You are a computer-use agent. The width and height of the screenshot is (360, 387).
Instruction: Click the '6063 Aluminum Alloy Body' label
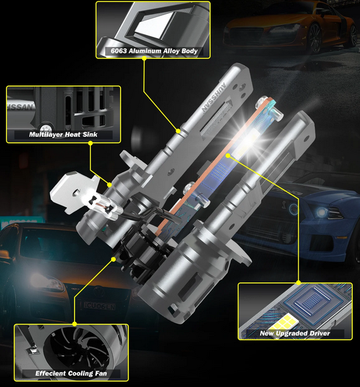[154, 51]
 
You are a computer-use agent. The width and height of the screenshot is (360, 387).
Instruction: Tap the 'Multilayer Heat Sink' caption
[63, 134]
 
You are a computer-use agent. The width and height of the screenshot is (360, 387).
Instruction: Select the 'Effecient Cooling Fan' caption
[71, 373]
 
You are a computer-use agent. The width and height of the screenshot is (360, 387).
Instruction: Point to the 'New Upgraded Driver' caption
[295, 334]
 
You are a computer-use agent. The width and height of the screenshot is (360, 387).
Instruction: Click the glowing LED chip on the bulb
[248, 140]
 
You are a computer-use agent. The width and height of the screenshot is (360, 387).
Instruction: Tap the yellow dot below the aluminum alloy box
[144, 59]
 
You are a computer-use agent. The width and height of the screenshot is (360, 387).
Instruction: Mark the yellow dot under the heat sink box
[90, 143]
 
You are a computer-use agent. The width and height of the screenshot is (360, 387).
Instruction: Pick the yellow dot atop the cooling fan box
[75, 324]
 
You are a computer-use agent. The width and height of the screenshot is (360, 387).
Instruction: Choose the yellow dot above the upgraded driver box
[299, 282]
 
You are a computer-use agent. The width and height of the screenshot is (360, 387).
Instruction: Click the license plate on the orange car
[99, 307]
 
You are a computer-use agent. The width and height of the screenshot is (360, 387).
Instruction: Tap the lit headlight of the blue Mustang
[321, 212]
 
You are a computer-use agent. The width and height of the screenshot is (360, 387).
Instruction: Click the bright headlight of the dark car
[41, 279]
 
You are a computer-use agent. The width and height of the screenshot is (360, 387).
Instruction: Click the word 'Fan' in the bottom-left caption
[101, 373]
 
